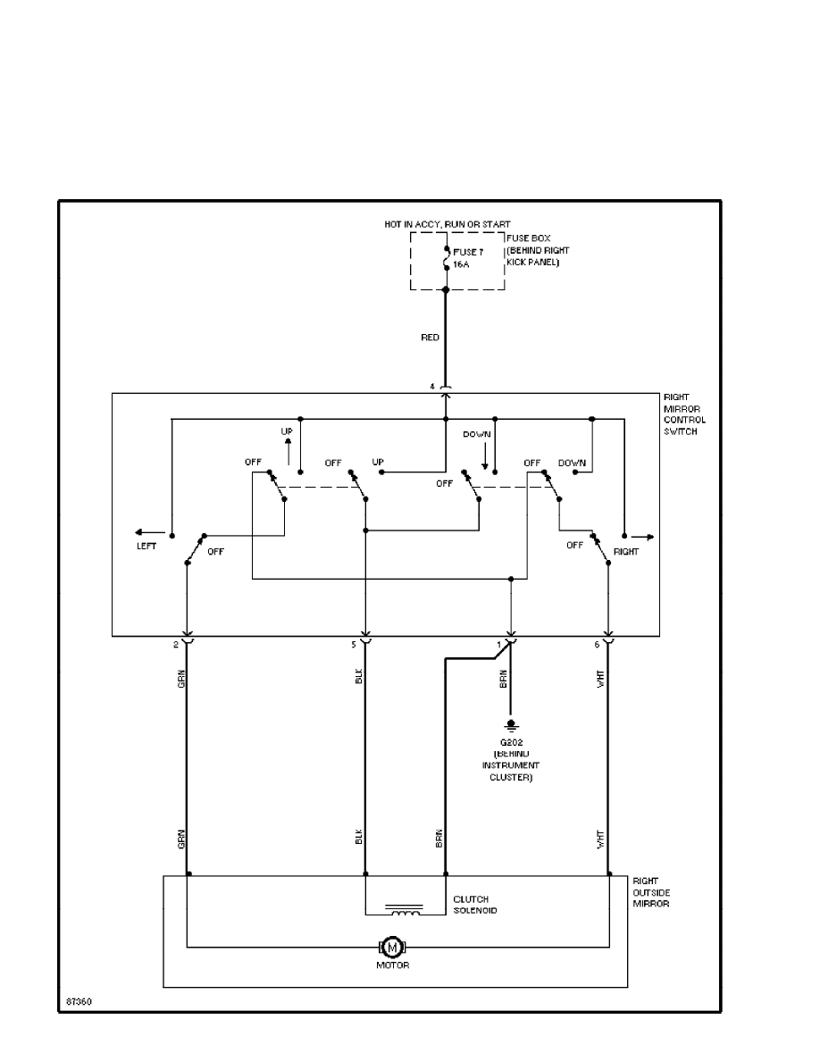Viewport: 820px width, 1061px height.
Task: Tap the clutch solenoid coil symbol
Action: pyautogui.click(x=405, y=910)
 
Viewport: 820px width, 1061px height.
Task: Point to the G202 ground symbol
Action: pyautogui.click(x=511, y=723)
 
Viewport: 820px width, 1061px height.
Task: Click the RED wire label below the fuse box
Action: pyautogui.click(x=431, y=338)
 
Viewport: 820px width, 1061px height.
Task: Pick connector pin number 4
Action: pyautogui.click(x=432, y=387)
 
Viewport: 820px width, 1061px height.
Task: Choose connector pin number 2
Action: pyautogui.click(x=175, y=643)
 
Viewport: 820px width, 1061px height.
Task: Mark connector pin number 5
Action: pyautogui.click(x=354, y=643)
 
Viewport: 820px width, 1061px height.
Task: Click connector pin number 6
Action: pyautogui.click(x=597, y=643)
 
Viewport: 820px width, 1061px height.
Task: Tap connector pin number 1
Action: pyautogui.click(x=499, y=643)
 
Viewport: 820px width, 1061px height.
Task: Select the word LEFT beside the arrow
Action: pyautogui.click(x=146, y=546)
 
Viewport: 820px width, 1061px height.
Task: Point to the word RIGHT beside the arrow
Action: pyautogui.click(x=626, y=552)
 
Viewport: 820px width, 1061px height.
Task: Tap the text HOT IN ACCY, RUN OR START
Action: pyautogui.click(x=448, y=224)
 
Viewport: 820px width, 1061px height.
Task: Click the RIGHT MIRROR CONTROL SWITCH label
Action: pyautogui.click(x=684, y=414)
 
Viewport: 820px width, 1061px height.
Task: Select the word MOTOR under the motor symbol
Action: pyautogui.click(x=393, y=965)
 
